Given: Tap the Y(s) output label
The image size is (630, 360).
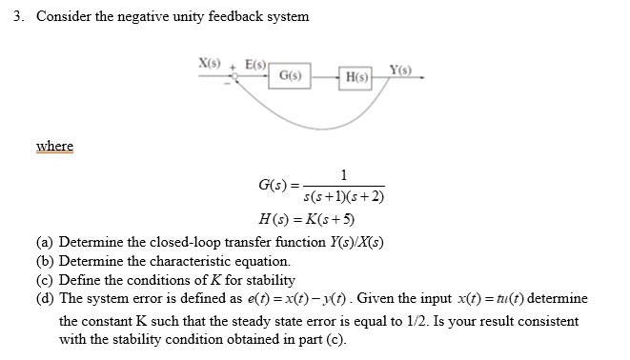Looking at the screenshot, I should pyautogui.click(x=401, y=69).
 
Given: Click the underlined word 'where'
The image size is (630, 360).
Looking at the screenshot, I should pyautogui.click(x=54, y=146).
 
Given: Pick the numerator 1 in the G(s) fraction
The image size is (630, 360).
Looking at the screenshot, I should pyautogui.click(x=343, y=173).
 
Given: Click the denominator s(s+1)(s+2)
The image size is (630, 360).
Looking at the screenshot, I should pyautogui.click(x=343, y=198).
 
